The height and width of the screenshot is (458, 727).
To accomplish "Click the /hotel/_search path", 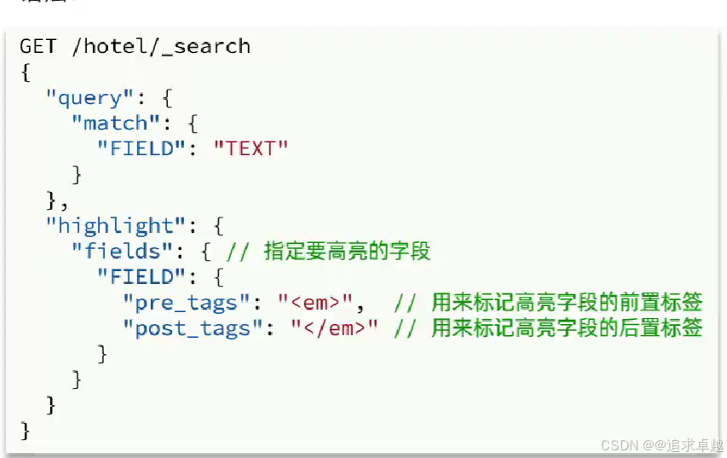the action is [x=161, y=46].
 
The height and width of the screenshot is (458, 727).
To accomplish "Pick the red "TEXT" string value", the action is [x=251, y=149].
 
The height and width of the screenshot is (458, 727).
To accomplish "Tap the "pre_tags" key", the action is [x=187, y=303].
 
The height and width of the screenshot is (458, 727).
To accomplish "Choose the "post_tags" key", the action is [x=193, y=328].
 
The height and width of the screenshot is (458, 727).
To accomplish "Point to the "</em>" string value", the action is [x=334, y=328].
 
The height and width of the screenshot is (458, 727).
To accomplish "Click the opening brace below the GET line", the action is [x=26, y=72].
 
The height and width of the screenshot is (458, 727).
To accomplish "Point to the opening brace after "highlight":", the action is [x=218, y=226].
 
